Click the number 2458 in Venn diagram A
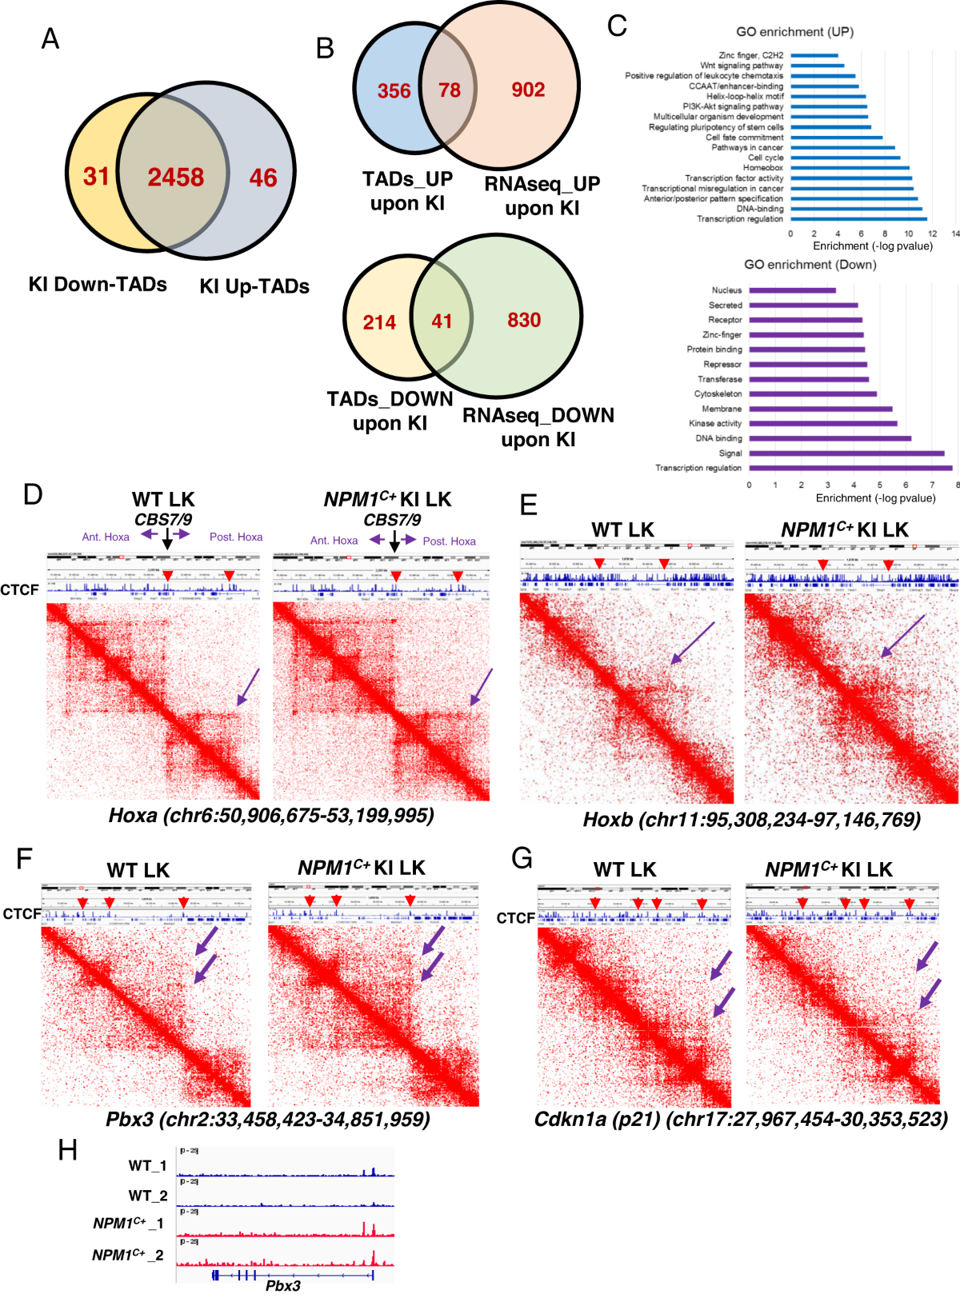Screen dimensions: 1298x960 pos(175,177)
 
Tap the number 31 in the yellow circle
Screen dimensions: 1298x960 pos(96,176)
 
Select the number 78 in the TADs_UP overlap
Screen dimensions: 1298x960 pos(449,90)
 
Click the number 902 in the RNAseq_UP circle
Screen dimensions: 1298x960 pos(528,90)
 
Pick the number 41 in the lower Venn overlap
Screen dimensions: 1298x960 pos(442,322)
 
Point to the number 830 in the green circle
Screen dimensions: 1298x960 pos(524,320)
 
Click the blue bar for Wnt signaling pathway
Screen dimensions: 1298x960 pos(817,66)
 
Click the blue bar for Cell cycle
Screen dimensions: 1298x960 pos(845,158)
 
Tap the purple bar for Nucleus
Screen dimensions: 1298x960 pos(792,290)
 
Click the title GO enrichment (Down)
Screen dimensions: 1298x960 pos(810,265)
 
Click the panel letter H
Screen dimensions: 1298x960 pos(68,1150)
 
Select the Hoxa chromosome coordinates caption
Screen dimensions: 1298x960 pos(271,815)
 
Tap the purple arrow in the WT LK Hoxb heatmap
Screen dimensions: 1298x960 pos(692,644)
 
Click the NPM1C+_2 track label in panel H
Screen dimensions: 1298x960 pos(128,1255)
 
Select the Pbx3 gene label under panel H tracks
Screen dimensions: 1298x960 pos(283,1285)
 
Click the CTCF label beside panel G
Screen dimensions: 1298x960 pos(515,918)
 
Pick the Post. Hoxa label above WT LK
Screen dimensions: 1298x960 pos(236,537)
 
